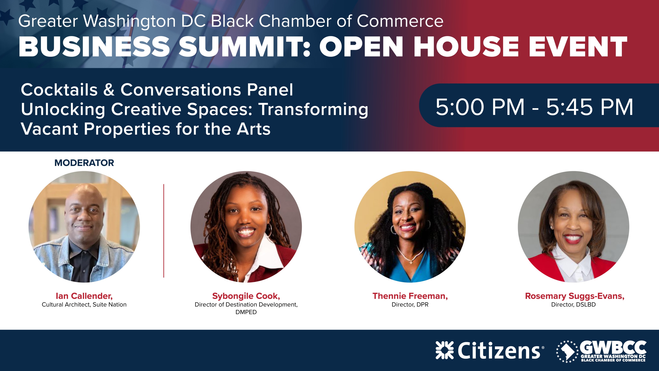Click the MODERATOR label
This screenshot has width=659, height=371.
click(84, 163)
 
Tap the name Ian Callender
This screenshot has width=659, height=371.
click(84, 296)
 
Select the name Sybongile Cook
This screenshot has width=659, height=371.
click(246, 296)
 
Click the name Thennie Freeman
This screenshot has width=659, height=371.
click(410, 296)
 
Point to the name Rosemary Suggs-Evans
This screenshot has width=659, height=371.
click(575, 296)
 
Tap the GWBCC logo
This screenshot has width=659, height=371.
click(601, 351)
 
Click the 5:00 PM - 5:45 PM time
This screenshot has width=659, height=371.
click(534, 107)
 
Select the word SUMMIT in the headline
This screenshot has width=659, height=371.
click(244, 46)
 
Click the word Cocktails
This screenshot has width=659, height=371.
click(59, 90)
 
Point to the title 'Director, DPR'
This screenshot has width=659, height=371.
click(410, 305)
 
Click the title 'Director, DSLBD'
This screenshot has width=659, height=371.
click(573, 305)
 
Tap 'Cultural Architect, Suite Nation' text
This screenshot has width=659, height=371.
click(84, 305)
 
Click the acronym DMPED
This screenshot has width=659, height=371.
click(246, 312)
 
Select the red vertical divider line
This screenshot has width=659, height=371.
click(164, 230)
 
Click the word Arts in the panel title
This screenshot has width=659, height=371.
click(253, 129)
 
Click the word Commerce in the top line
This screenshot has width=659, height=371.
click(400, 21)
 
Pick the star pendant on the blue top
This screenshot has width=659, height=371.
click(411, 262)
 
